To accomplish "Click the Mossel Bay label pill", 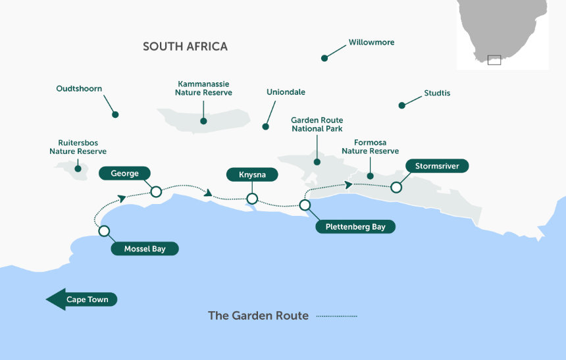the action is tap(145, 249).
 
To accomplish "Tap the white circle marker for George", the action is tap(156, 192).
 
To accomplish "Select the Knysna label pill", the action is tap(252, 175).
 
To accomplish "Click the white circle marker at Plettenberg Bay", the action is tap(305, 205).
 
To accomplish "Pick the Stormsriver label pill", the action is tap(437, 166).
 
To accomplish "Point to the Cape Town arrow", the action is tap(82, 299).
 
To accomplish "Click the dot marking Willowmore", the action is tap(324, 58).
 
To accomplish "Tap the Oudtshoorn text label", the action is tap(79, 88).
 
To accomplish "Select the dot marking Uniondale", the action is tap(266, 126).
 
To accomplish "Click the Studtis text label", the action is tap(437, 93).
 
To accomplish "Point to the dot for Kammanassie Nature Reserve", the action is tap(203, 121).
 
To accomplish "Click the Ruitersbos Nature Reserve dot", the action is tap(78, 168).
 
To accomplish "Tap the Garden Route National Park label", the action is tap(317, 124).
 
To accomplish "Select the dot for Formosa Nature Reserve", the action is tap(370, 176).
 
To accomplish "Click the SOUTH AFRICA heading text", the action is tap(185, 47).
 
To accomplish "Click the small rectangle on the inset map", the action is tap(494, 60).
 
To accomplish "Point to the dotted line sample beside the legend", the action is tap(337, 316).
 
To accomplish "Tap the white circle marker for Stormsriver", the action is tap(396, 188).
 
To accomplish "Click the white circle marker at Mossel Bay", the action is tap(104, 231).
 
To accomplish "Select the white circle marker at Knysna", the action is tap(252, 199).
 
